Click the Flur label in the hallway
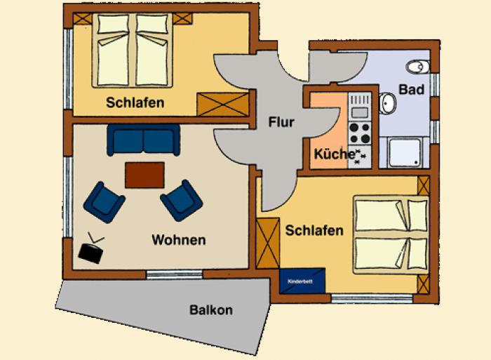pyautogui.click(x=281, y=122)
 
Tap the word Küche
pyautogui.click(x=334, y=154)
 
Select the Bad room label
pyautogui.click(x=412, y=90)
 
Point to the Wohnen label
pyautogui.click(x=179, y=240)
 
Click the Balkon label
pyautogui.click(x=211, y=310)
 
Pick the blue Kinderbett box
pyautogui.click(x=302, y=281)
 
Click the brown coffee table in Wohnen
pyautogui.click(x=144, y=175)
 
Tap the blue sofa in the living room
pyautogui.click(x=143, y=140)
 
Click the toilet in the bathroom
pyautogui.click(x=418, y=67)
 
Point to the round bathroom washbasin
pyautogui.click(x=388, y=102)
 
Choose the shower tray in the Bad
pyautogui.click(x=404, y=152)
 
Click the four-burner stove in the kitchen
pyautogui.click(x=359, y=133)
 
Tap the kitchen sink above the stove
pyautogui.click(x=360, y=107)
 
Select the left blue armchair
pyautogui.click(x=105, y=202)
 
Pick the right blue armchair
pyautogui.click(x=182, y=200)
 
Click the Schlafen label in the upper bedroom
pyautogui.click(x=135, y=102)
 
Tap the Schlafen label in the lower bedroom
pyautogui.click(x=314, y=231)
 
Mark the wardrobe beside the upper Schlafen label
pyautogui.click(x=222, y=105)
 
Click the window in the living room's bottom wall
pyautogui.click(x=175, y=274)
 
